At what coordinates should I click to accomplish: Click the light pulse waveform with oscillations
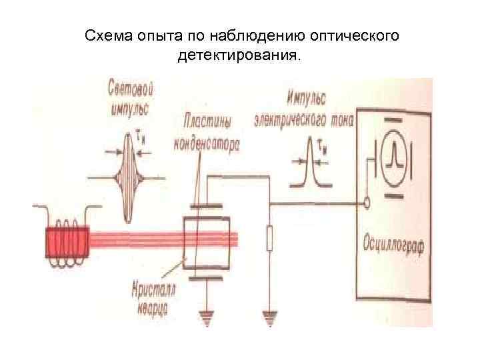[127, 179]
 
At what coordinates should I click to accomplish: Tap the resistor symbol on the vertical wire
[269, 239]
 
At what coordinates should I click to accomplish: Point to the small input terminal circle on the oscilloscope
[366, 201]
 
